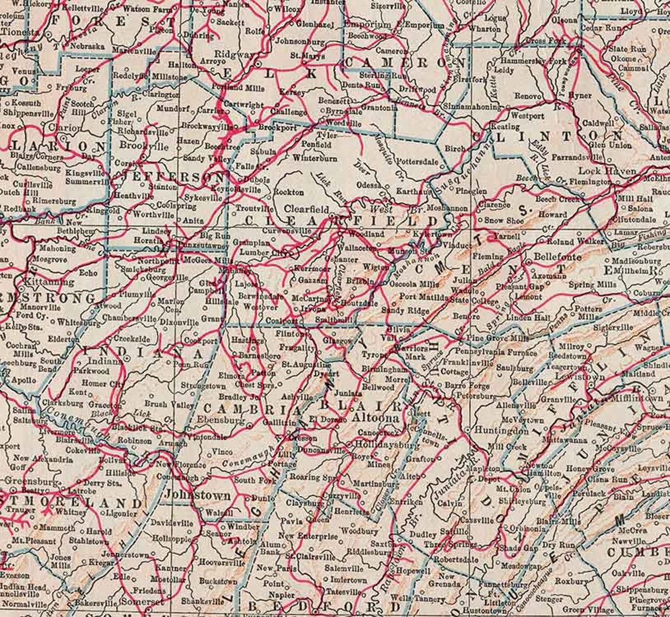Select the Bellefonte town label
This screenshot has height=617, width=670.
557,257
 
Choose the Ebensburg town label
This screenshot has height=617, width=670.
224,421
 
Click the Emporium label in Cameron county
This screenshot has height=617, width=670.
368,25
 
